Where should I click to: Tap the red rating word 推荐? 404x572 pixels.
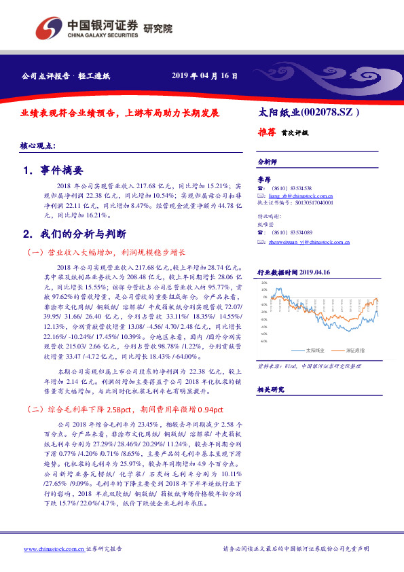tap(268, 132)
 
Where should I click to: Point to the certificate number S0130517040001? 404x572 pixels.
tap(308, 202)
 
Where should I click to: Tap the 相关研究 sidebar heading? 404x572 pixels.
tap(270, 389)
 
